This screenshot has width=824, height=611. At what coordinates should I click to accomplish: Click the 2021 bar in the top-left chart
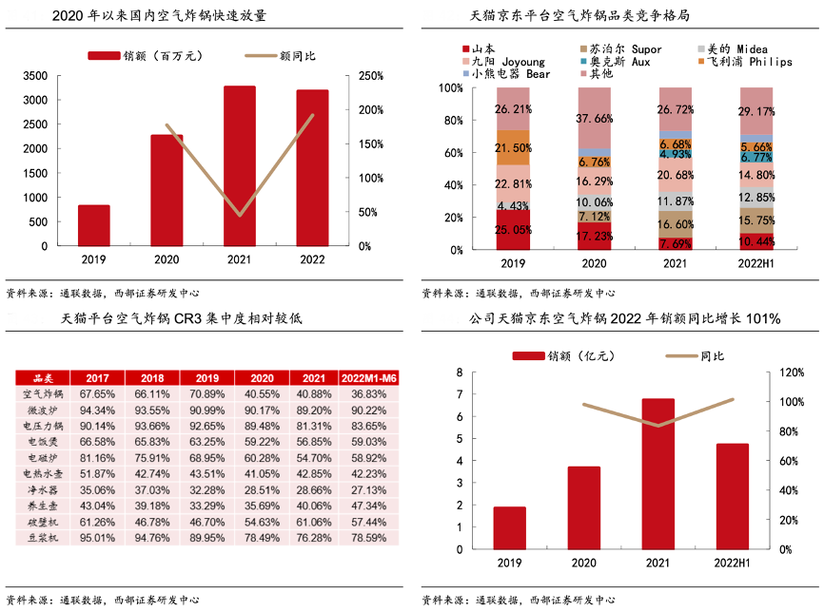coord(240,165)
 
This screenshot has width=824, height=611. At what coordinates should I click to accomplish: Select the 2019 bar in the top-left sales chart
coord(94,225)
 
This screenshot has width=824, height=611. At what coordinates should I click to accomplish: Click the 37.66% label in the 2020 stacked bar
coord(595,119)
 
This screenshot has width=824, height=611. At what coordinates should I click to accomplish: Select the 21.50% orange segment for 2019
coord(513,148)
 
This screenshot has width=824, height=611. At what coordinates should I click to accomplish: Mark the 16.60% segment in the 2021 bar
coord(676,224)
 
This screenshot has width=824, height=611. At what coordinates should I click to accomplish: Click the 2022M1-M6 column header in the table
coord(368,377)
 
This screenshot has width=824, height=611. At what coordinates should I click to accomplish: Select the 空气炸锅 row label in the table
coord(42,392)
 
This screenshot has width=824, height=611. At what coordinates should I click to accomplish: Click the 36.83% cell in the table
coord(368,392)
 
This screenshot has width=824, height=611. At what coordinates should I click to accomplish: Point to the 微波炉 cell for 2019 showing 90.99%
coord(206,409)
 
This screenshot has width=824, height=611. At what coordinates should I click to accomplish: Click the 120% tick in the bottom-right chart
coord(792,372)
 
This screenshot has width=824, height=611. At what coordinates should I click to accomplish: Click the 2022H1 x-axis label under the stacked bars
coord(756,263)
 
